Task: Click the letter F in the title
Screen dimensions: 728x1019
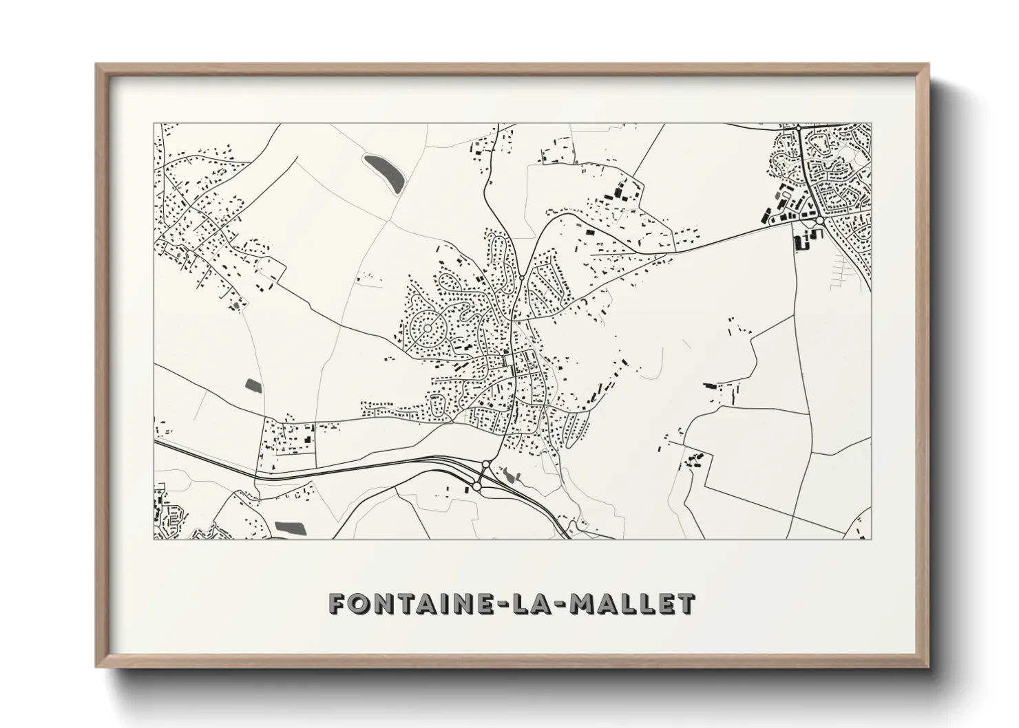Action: (x=338, y=603)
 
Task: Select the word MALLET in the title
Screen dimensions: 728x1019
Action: (x=633, y=603)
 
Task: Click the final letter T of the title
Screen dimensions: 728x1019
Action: (x=686, y=603)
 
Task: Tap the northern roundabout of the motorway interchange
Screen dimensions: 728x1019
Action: (x=485, y=464)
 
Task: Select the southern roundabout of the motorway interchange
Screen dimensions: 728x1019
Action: (x=476, y=486)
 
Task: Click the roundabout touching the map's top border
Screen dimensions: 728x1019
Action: (x=798, y=127)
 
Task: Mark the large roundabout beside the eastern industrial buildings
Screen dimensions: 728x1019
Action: (x=819, y=221)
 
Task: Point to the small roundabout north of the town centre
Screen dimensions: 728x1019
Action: (x=521, y=278)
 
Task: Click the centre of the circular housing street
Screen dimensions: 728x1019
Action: (x=427, y=328)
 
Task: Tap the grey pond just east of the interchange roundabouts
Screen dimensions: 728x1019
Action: (x=509, y=474)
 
